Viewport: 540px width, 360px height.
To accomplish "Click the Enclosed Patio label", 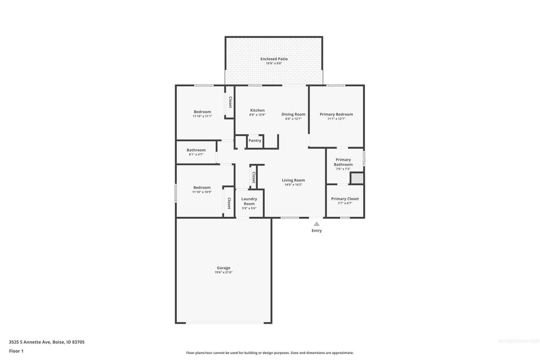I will click(274, 59).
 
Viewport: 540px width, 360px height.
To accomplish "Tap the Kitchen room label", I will click(257, 110).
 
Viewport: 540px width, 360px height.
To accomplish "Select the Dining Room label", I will click(293, 114).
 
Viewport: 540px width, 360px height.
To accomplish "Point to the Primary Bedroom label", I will click(336, 114).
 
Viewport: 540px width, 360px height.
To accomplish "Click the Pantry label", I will click(255, 141).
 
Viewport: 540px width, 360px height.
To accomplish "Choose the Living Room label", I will click(293, 180).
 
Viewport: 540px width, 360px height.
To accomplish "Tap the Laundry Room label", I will click(249, 201).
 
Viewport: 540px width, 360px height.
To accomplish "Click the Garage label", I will click(223, 268).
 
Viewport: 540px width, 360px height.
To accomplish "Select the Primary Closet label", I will click(345, 199).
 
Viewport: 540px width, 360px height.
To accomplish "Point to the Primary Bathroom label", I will click(343, 162).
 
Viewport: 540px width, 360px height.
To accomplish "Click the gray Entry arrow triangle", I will click(316, 224).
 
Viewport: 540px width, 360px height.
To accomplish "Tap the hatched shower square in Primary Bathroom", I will click(357, 178).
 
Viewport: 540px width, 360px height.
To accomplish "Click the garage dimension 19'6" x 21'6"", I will click(223, 273).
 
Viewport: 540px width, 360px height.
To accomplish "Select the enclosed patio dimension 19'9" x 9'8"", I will click(274, 63).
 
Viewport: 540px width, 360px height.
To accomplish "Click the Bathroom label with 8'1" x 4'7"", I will click(196, 150).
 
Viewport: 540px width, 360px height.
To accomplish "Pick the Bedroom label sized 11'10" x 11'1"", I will click(202, 112).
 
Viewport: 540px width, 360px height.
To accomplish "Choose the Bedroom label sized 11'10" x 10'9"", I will click(201, 188).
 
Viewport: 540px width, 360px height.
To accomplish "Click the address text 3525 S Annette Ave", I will click(46, 342).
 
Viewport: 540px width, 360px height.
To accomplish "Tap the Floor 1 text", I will click(16, 351).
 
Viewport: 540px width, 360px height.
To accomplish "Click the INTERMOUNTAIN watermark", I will click(518, 341).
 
